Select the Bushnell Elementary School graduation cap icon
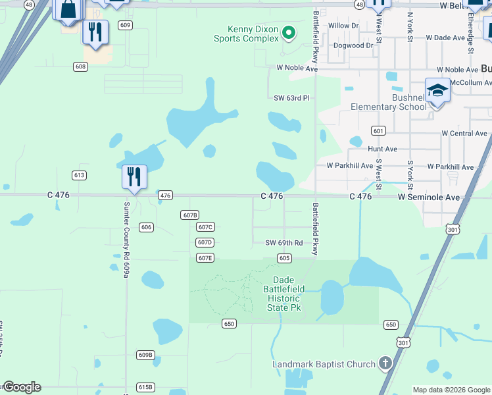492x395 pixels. (437, 90)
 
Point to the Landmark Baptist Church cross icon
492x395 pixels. (385, 363)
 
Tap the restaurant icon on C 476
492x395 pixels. (134, 176)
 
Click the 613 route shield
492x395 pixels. (80, 175)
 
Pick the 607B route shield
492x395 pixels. (189, 215)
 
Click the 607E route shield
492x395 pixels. (205, 258)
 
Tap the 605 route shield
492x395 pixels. (284, 258)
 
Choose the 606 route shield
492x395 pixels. (146, 227)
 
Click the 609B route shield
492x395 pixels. (145, 355)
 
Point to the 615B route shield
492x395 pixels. (145, 387)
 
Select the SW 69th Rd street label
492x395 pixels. (283, 243)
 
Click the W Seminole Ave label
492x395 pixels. (428, 196)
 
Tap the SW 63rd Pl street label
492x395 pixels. (291, 98)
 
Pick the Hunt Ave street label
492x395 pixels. (382, 149)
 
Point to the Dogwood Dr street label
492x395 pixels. (353, 45)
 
